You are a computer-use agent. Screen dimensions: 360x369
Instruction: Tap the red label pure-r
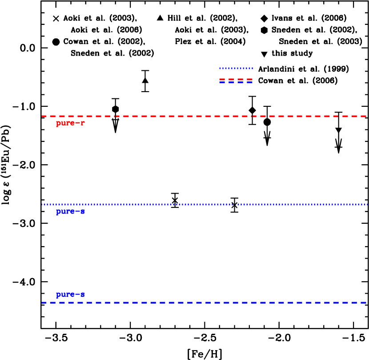pyautogui.click(x=70, y=123)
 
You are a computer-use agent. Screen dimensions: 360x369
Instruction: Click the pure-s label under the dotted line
pyautogui.click(x=70, y=211)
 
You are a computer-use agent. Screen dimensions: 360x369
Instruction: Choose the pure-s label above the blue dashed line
pyautogui.click(x=70, y=295)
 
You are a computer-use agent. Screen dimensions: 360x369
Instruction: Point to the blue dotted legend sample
pyautogui.click(x=236, y=68)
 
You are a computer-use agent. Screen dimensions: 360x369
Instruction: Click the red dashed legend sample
pyautogui.click(x=236, y=79)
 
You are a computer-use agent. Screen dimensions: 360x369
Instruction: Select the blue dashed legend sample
pyautogui.click(x=236, y=82)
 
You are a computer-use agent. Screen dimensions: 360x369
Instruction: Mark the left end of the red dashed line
pyautogui.click(x=43, y=116)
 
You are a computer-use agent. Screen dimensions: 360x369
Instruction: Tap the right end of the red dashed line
pyautogui.click(x=365, y=116)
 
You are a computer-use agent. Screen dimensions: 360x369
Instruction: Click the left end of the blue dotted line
pyautogui.click(x=43, y=204)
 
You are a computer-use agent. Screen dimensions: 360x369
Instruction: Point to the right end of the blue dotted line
pyautogui.click(x=366, y=204)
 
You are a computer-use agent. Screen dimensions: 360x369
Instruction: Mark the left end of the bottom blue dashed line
pyautogui.click(x=43, y=303)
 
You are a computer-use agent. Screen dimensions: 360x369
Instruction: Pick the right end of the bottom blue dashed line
pyautogui.click(x=365, y=303)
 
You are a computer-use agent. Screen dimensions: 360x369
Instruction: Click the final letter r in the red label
pyautogui.click(x=82, y=123)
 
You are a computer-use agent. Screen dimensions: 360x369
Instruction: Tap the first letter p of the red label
pyautogui.click(x=58, y=124)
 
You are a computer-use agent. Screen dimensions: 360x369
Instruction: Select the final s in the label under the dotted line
pyautogui.click(x=82, y=211)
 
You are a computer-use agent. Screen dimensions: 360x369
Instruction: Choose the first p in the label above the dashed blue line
pyautogui.click(x=58, y=295)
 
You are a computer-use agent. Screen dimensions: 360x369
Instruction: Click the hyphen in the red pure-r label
pyautogui.click(x=76, y=123)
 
